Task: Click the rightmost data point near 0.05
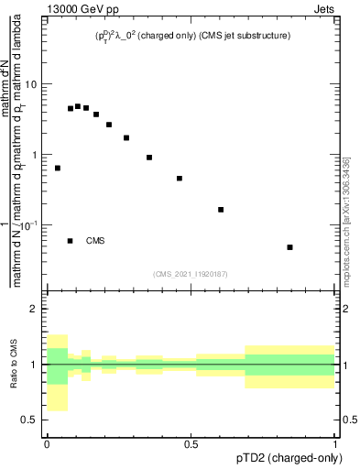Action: [289, 247]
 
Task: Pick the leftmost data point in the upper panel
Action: [58, 169]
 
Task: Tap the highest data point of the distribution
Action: [78, 106]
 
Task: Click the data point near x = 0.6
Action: [221, 210]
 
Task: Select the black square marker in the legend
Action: [71, 241]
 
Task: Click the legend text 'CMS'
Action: [95, 241]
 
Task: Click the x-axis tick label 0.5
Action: [191, 444]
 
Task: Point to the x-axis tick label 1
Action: [335, 444]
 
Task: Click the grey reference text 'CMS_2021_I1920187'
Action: [191, 273]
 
